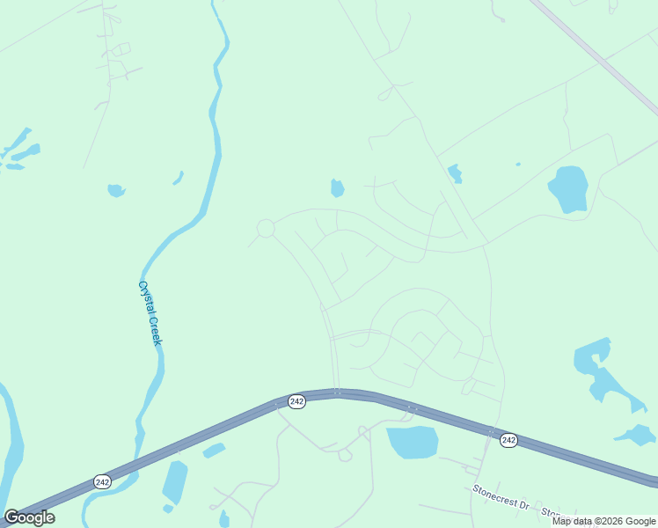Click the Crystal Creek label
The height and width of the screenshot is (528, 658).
150,313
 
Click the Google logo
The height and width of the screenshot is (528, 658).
29,517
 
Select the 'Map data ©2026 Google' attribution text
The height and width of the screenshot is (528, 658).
603,521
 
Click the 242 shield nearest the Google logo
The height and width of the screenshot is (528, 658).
102,481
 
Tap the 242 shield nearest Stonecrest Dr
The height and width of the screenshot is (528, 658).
508,439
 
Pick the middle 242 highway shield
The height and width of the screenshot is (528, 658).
296,401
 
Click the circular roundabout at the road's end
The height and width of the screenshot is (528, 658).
266,229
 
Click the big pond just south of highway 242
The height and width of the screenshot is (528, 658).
413,442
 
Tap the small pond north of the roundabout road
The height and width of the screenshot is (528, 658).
337,188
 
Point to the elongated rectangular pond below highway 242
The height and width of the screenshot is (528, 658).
175,481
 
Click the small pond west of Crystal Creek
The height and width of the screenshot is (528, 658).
115,190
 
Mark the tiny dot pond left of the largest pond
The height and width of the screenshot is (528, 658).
517,165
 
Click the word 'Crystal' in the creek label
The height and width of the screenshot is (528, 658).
145,297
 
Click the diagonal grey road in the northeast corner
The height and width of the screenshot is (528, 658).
598,55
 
